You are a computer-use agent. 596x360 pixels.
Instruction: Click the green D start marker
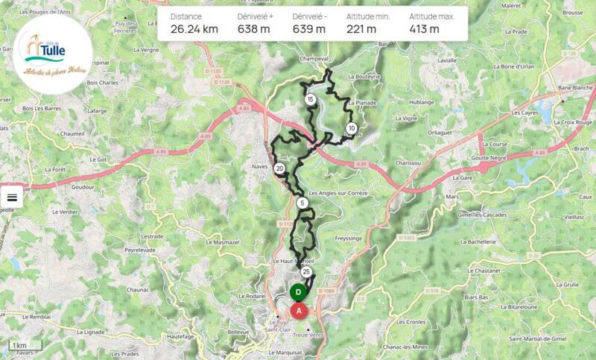pyautogui.click(x=298, y=292)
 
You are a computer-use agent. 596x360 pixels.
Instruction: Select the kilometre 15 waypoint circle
pyautogui.click(x=310, y=99)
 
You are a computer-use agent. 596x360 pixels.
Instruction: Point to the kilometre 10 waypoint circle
pyautogui.click(x=351, y=128)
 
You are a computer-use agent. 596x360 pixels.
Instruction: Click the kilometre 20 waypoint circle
pyautogui.click(x=279, y=169)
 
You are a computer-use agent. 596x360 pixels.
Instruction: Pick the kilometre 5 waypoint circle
pyautogui.click(x=302, y=203)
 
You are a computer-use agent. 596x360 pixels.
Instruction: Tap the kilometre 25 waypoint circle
pyautogui.click(x=305, y=271)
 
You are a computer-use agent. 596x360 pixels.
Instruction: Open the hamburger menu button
pyautogui.click(x=12, y=198)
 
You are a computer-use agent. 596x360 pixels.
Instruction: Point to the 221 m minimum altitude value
pyautogui.click(x=361, y=29)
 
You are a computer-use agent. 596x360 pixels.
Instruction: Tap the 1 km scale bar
pyautogui.click(x=19, y=346)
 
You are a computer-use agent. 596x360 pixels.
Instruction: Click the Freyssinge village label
pyautogui.click(x=348, y=239)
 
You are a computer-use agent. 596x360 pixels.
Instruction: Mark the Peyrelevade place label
pyautogui.click(x=144, y=251)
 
